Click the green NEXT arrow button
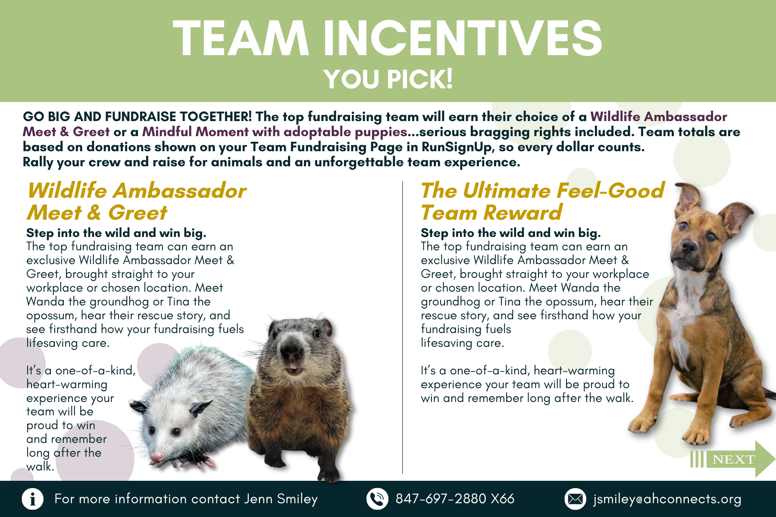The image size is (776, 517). pos(733,459)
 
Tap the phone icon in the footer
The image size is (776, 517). pos(377,499)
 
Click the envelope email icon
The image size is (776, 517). pos(575,499)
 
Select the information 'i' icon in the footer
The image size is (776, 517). pos(33,499)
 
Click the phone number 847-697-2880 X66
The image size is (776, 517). pos(455,499)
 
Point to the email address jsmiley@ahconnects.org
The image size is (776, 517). pos(667,499)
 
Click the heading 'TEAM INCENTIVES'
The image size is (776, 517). pos(388,38)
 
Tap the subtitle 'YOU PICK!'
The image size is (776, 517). pos(388,79)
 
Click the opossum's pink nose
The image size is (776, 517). pos(156,455)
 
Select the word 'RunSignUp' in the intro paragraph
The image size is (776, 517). pos(457,147)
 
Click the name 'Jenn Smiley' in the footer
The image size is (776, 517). pos(281,499)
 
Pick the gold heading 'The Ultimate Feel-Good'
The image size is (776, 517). pos(543,190)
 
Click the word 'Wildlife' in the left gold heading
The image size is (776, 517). pos(67,190)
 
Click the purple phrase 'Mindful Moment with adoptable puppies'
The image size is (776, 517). pos(275,132)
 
